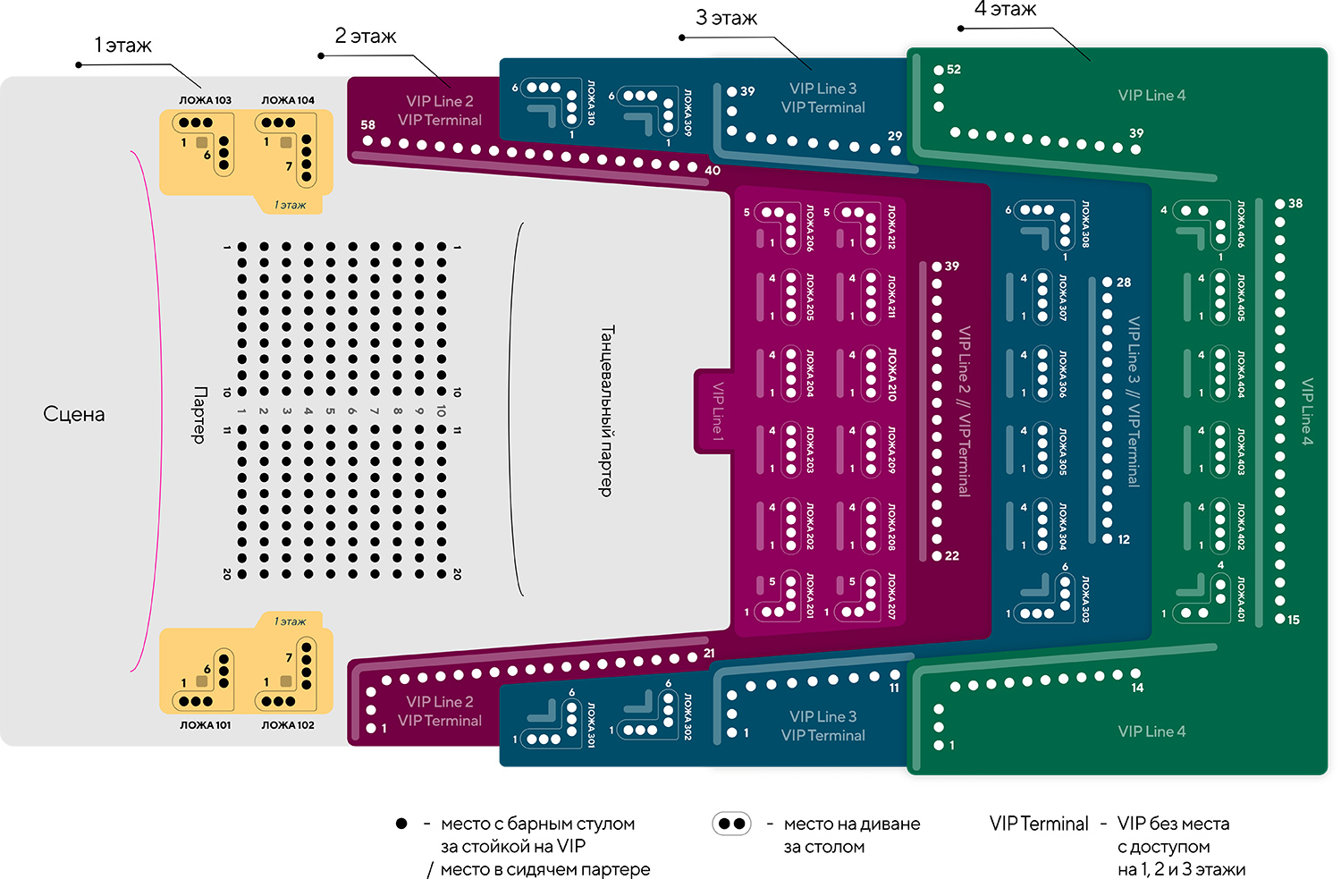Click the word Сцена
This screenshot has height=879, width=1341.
click(x=74, y=414)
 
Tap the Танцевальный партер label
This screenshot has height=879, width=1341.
click(x=606, y=410)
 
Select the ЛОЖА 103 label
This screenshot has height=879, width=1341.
click(x=205, y=100)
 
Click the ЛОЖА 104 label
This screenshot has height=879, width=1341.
click(x=288, y=100)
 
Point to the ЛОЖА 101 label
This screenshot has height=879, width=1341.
click(x=205, y=725)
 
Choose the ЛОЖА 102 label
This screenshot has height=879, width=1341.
click(x=288, y=725)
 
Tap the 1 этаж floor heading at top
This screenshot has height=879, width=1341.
click(x=122, y=46)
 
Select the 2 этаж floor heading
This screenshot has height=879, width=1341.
click(x=365, y=36)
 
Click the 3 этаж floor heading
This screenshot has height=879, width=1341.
click(x=726, y=18)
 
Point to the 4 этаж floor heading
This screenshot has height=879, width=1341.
click(x=1005, y=9)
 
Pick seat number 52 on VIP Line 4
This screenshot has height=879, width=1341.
click(x=953, y=70)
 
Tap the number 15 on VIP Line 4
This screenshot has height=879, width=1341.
click(x=1294, y=620)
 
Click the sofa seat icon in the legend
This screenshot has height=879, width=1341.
click(x=731, y=824)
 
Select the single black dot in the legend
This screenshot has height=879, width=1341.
click(x=401, y=824)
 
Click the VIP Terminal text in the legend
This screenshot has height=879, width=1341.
click(x=1039, y=824)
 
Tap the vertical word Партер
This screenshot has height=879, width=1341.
click(x=200, y=414)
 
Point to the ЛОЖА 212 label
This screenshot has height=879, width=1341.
click(x=890, y=226)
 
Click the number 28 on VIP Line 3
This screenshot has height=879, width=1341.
click(x=1124, y=283)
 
